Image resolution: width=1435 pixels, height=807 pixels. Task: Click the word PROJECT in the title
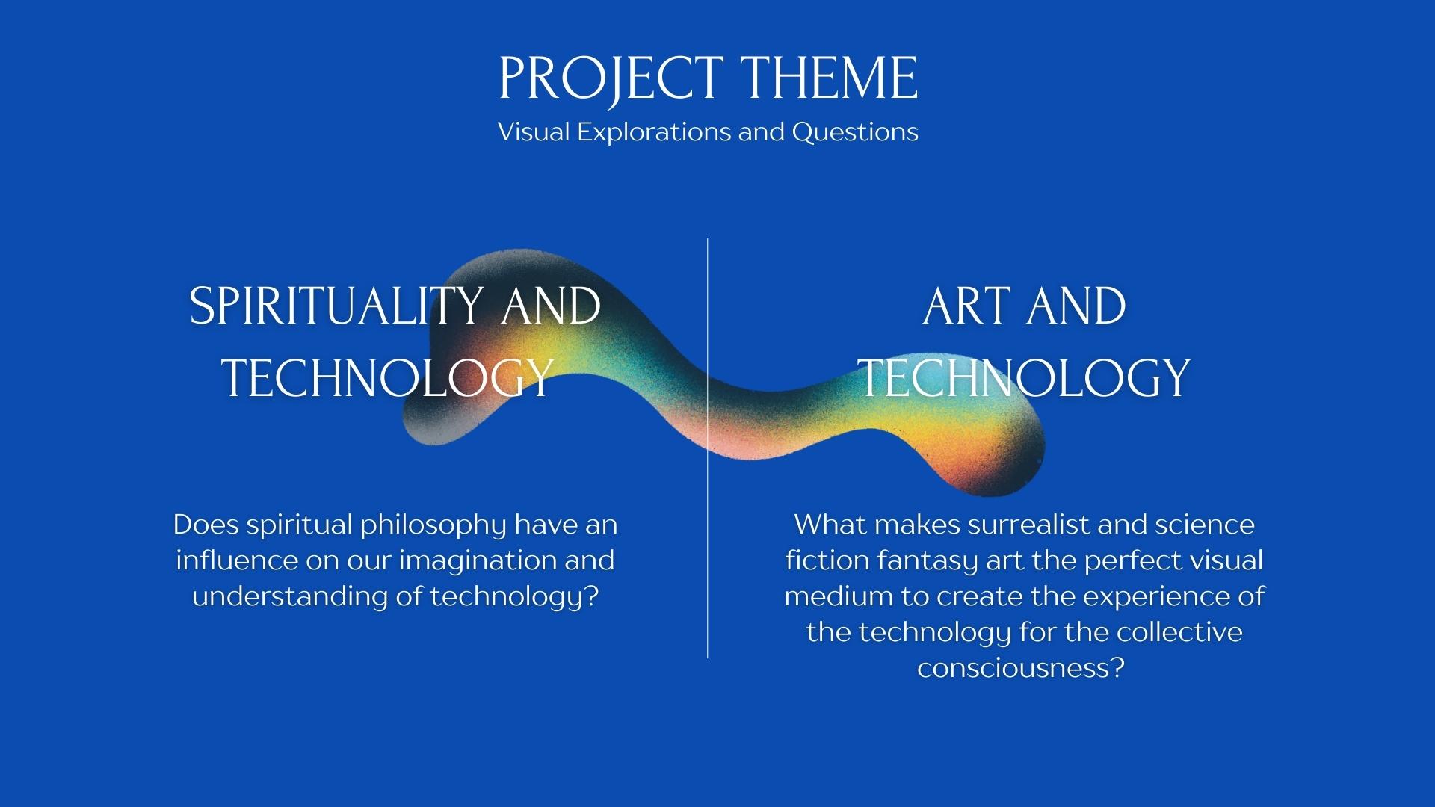(610, 78)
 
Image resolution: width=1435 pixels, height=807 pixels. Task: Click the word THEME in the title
(829, 78)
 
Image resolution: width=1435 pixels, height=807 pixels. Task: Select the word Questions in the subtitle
(855, 132)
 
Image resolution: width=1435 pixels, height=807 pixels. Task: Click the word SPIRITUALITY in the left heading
(336, 306)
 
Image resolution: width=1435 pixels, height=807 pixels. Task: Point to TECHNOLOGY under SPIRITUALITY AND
(388, 377)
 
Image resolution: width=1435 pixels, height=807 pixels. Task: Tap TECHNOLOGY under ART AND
(1023, 377)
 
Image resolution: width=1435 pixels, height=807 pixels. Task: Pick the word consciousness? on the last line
(1021, 667)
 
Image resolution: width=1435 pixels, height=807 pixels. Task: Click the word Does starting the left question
(206, 525)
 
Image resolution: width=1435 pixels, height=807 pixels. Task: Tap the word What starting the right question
(830, 525)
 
